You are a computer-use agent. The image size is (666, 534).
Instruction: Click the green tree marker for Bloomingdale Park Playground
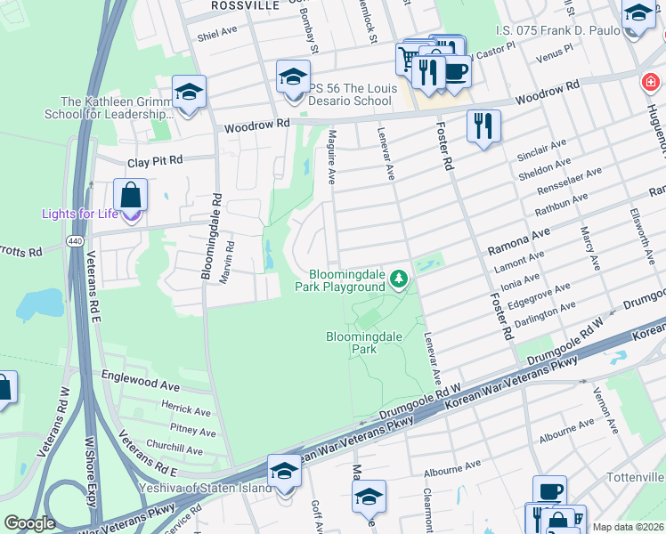tap(401, 280)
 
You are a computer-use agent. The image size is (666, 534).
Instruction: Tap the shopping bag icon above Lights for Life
tap(131, 194)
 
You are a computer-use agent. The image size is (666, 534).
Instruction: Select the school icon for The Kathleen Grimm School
tap(189, 93)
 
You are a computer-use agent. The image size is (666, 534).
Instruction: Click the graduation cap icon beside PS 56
tap(292, 77)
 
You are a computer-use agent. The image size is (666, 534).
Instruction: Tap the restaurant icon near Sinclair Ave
tap(483, 125)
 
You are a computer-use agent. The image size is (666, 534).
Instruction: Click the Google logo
tap(28, 523)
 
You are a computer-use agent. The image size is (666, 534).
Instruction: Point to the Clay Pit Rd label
tap(154, 161)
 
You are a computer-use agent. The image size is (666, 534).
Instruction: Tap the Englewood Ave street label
tap(140, 384)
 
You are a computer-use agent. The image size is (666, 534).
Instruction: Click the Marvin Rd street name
tap(230, 259)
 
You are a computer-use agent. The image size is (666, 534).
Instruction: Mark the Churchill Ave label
tap(175, 450)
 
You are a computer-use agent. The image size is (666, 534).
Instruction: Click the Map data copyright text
tap(628, 527)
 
